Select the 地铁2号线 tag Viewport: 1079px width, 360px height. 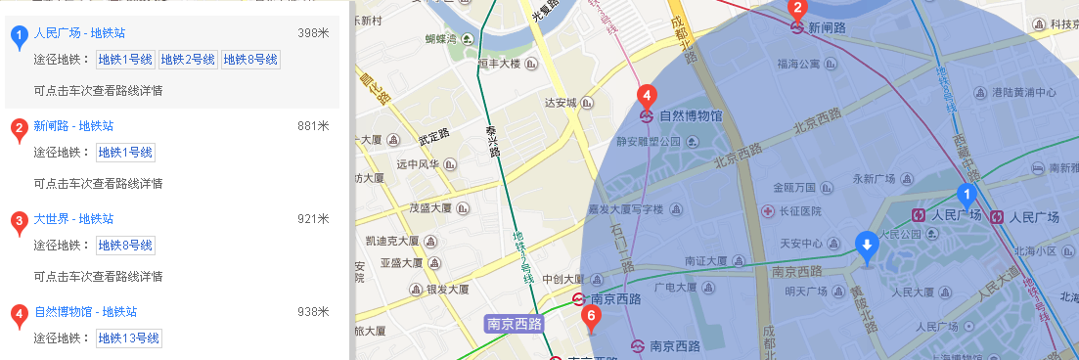tap(188, 60)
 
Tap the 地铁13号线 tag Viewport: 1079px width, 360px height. tap(128, 338)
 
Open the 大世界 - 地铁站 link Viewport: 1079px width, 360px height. tap(73, 219)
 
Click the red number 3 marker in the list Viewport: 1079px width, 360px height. tap(19, 222)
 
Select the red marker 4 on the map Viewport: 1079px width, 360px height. tap(646, 96)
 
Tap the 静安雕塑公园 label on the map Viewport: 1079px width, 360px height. tap(648, 141)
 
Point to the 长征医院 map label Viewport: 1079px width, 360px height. tap(795, 210)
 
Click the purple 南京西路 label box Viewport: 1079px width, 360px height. tap(514, 322)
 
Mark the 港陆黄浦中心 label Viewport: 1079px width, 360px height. tap(1023, 93)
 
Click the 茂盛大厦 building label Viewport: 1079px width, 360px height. tap(429, 207)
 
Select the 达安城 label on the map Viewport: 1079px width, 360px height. tap(562, 102)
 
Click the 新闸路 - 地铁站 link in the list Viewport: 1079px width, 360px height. tap(73, 126)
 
